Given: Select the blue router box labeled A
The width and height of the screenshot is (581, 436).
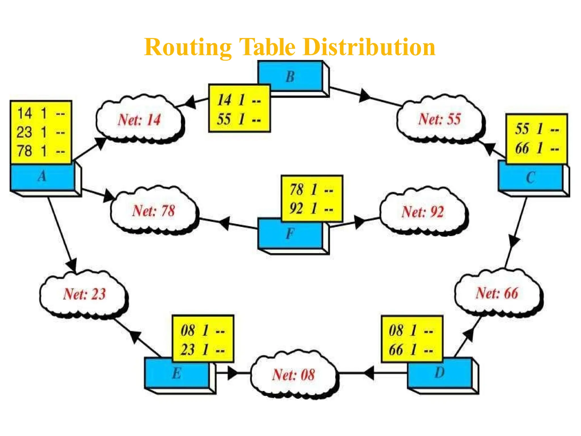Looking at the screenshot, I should point(42,177).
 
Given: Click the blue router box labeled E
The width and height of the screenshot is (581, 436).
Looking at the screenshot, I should point(176,374).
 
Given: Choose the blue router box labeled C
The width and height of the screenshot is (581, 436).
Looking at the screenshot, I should point(530,178).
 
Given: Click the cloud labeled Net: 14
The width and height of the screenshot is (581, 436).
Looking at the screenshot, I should point(139,120).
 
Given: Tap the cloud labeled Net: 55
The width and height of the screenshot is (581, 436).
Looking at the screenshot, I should point(439,119).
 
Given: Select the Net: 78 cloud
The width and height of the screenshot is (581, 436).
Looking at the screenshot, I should point(153,211).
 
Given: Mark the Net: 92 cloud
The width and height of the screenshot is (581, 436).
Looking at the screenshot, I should point(423,212).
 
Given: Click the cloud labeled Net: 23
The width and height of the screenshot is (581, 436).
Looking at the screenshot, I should point(84,294).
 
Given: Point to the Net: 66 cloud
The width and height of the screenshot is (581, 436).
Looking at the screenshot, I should point(497,293).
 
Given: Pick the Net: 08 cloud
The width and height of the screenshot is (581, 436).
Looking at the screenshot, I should point(293,375).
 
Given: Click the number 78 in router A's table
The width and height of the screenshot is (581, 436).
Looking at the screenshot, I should point(24,151).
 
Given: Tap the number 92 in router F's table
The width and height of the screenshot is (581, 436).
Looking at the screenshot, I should point(296,208).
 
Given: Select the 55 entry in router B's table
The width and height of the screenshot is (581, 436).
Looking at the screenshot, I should point(224,119).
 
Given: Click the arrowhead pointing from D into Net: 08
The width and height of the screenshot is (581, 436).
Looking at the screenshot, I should point(369,373).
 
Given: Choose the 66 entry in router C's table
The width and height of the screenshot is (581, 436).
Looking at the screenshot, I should point(522,148).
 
